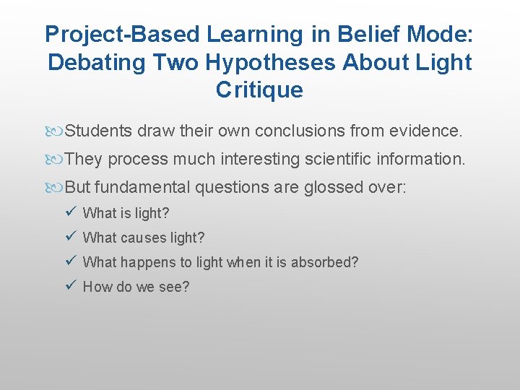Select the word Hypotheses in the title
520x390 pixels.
(271, 62)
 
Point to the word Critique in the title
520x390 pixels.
(259, 90)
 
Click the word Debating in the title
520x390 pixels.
(97, 62)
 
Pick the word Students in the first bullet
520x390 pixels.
(99, 131)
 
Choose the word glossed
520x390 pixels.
(332, 187)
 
